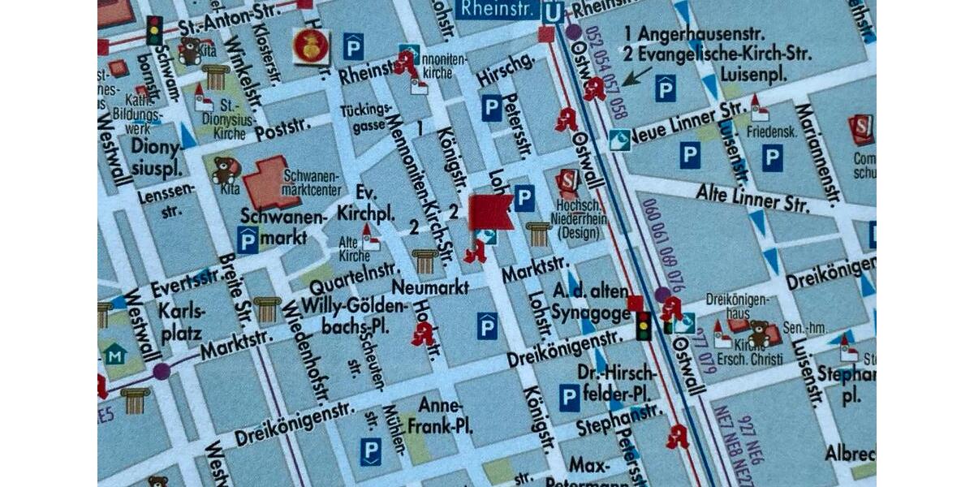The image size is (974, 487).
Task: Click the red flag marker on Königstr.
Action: point(489,213)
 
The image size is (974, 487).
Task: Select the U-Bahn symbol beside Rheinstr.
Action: point(553,11)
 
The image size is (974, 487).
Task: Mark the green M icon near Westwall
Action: point(114,355)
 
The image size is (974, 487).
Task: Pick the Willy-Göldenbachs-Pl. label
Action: point(353,316)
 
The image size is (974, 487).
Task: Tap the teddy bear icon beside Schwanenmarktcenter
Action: point(225,170)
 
